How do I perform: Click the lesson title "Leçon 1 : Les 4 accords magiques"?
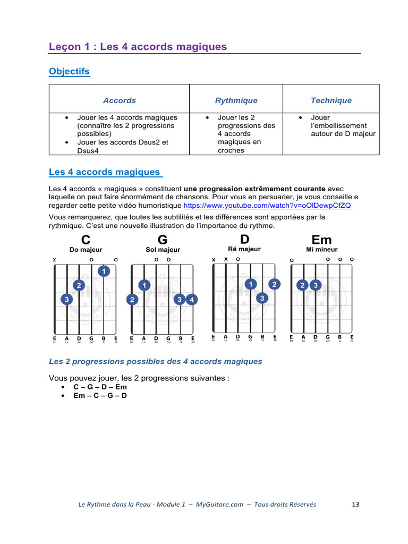[x=138, y=47]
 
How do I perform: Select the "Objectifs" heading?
[x=69, y=71]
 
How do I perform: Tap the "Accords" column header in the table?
[x=119, y=100]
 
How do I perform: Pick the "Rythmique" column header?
[x=236, y=100]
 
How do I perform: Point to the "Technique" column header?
[x=331, y=100]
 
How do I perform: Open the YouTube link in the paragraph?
[x=267, y=206]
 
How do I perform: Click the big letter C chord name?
[x=86, y=240]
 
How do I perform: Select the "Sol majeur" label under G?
[x=163, y=250]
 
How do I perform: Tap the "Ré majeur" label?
[x=244, y=249]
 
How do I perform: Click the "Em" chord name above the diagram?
[x=321, y=240]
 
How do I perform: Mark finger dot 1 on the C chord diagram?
[x=104, y=271]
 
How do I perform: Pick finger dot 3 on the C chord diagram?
[x=66, y=300]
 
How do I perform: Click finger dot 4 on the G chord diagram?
[x=192, y=300]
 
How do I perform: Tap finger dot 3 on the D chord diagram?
[x=262, y=299]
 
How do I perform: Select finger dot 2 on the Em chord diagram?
[x=303, y=285]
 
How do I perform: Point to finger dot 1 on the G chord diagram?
[x=144, y=285]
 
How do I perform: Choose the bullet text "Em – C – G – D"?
[x=100, y=396]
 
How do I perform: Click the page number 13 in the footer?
[x=356, y=505]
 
